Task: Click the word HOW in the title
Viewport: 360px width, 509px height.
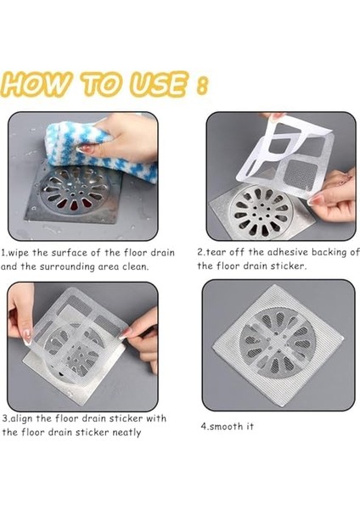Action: [36, 85]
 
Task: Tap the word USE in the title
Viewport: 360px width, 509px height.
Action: [160, 84]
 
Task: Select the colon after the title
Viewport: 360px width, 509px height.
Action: [202, 86]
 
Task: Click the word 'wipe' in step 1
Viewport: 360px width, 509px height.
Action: [18, 253]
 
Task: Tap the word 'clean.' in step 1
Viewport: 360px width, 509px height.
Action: [136, 267]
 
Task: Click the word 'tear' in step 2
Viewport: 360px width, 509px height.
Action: [215, 252]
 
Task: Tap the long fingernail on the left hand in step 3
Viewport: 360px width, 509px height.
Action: [27, 336]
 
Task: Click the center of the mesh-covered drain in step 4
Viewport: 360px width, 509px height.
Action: [277, 343]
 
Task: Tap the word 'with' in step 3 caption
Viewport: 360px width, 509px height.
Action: [156, 418]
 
